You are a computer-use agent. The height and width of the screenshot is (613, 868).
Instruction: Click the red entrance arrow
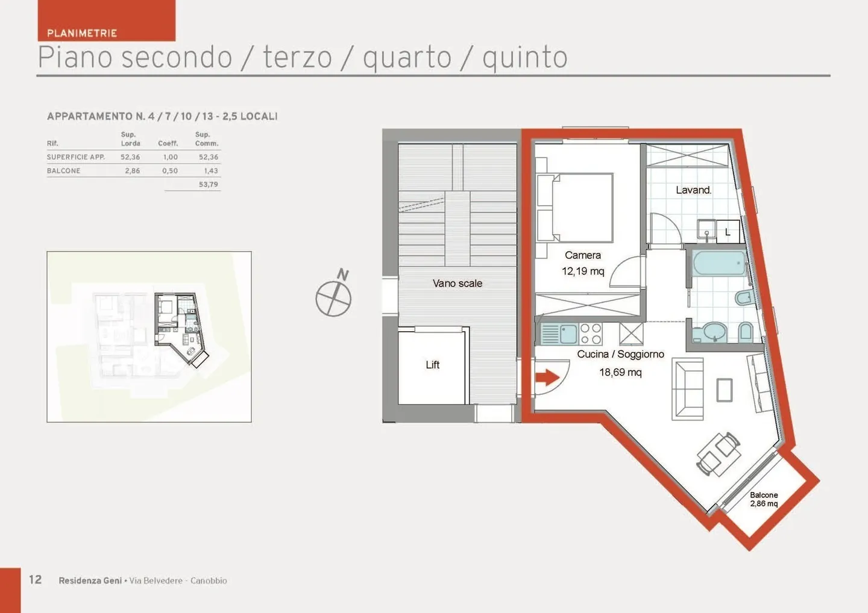547,377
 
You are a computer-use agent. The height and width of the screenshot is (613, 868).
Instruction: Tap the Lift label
432,364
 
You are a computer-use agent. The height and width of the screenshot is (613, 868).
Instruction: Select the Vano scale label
458,283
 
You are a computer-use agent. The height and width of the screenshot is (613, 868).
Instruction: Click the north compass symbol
333,293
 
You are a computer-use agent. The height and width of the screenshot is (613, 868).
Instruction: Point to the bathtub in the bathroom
719,263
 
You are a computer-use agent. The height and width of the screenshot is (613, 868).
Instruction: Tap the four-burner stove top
591,334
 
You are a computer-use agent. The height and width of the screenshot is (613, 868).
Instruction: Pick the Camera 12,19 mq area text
583,263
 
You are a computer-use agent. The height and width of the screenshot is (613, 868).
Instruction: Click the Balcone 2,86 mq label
764,499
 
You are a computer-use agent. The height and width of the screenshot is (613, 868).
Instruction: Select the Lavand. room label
694,190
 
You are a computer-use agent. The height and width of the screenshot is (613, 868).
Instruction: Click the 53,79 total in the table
209,184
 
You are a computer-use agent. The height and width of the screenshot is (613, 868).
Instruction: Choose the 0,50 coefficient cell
170,170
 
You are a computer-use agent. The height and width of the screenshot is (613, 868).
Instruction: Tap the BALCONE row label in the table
63,170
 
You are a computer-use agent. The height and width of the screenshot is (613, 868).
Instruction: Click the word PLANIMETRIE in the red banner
82,33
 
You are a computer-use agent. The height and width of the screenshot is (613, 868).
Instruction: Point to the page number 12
35,579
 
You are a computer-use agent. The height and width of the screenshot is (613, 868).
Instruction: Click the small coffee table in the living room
725,390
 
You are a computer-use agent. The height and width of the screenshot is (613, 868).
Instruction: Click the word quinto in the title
525,58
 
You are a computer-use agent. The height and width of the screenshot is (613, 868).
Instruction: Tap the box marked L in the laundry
728,231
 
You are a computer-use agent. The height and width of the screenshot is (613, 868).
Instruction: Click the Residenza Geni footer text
90,580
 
